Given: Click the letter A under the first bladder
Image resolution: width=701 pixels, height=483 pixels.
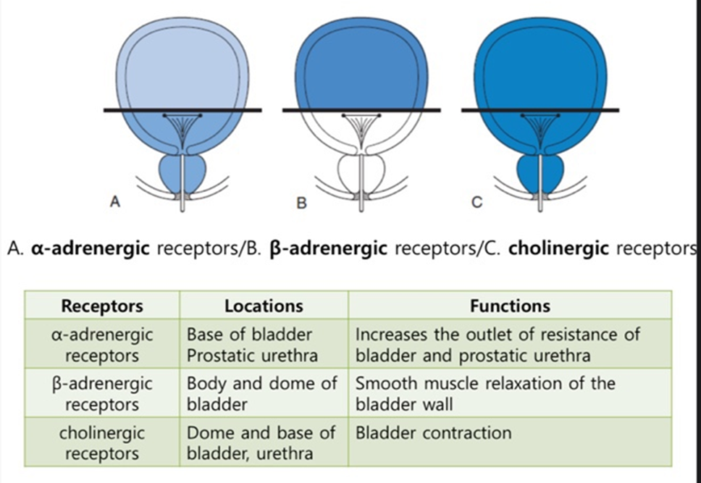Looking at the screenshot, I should pyautogui.click(x=114, y=203).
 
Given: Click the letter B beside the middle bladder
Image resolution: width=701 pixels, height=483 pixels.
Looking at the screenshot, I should pyautogui.click(x=302, y=203).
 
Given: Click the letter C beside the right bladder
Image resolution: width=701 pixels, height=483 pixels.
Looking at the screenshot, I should pyautogui.click(x=477, y=203).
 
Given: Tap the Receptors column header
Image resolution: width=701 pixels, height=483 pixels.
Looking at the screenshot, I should pyautogui.click(x=102, y=306).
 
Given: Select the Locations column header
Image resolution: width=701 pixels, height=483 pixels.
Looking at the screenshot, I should pyautogui.click(x=264, y=306).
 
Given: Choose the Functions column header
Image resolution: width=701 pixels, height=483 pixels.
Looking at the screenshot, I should pyautogui.click(x=510, y=306).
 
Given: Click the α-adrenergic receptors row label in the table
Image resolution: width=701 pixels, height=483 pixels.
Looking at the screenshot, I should pyautogui.click(x=102, y=345).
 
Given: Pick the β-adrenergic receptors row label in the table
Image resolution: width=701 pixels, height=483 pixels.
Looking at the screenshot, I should pyautogui.click(x=102, y=392).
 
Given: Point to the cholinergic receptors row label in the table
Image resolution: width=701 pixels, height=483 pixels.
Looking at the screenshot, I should pyautogui.click(x=102, y=443).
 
